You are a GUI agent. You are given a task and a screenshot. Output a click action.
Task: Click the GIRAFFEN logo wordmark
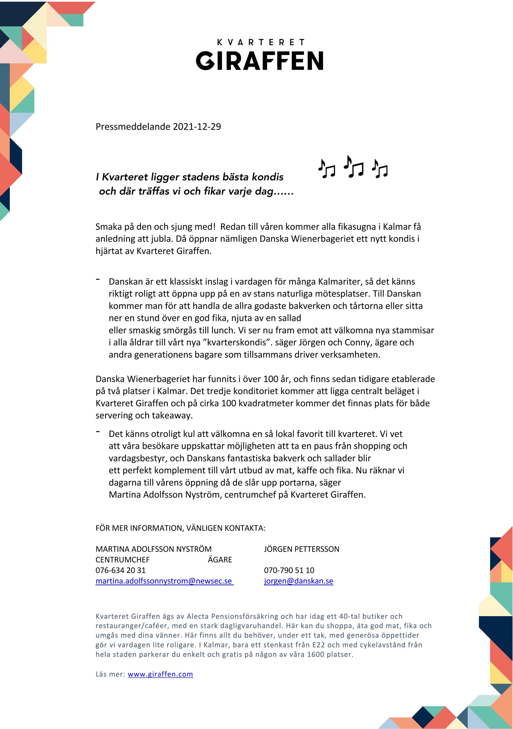pos(259,61)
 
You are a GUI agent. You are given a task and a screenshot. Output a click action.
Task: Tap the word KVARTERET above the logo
pos(260,42)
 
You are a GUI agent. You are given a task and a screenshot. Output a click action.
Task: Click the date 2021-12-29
pos(197,127)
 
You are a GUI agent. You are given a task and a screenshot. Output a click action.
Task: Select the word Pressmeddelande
pos(133,127)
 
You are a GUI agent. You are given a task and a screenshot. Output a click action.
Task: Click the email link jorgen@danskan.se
pos(298,581)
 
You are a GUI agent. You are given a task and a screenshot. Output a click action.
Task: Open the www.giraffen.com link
pos(160,674)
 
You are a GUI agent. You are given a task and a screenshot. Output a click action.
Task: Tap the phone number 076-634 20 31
pos(121,570)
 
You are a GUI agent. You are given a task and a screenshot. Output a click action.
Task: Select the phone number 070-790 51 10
pos(289,570)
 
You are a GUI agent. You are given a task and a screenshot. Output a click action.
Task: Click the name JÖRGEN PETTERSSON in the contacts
pos(301,549)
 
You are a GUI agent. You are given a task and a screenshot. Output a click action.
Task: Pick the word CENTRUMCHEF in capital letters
pos(122,560)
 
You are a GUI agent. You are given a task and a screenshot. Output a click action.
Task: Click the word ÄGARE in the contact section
pos(220,560)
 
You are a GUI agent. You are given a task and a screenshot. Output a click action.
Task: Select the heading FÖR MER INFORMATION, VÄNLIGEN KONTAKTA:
pos(180,528)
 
